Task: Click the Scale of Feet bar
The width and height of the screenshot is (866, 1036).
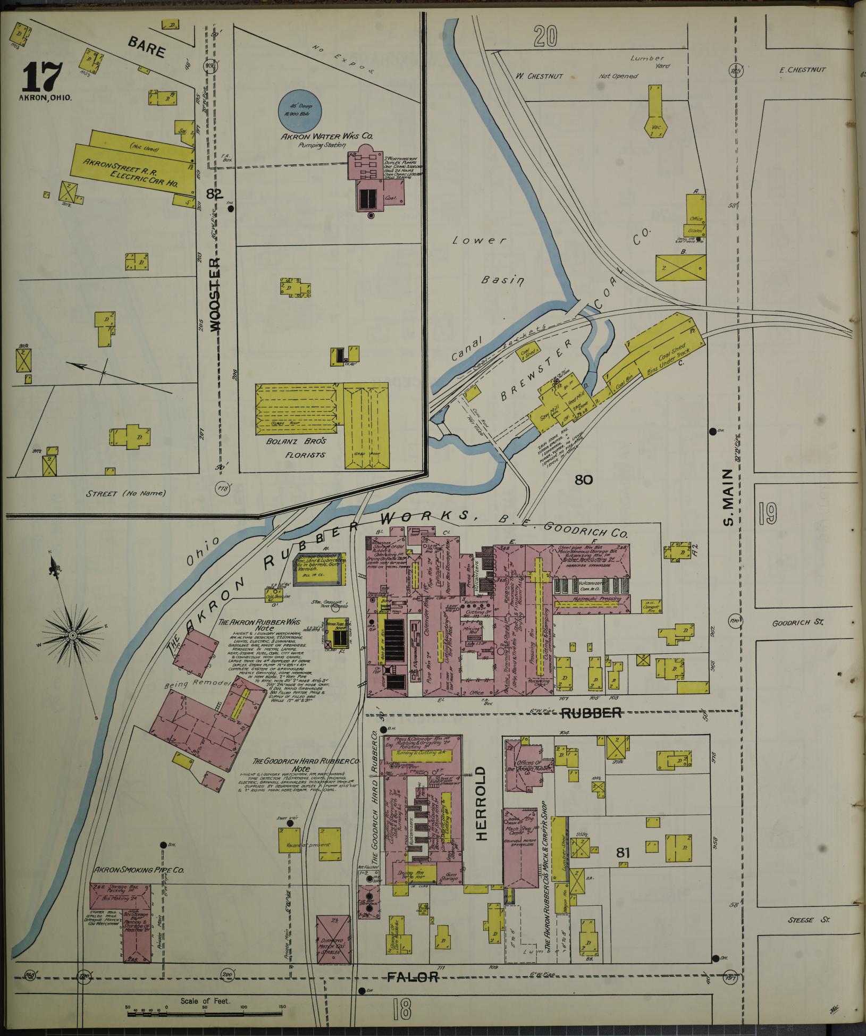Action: point(205,1014)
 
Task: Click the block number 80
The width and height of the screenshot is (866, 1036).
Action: point(583,480)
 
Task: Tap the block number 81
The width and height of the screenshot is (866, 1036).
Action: point(623,854)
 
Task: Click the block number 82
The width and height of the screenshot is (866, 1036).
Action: point(213,194)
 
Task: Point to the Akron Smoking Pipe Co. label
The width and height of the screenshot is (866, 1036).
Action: point(139,870)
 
